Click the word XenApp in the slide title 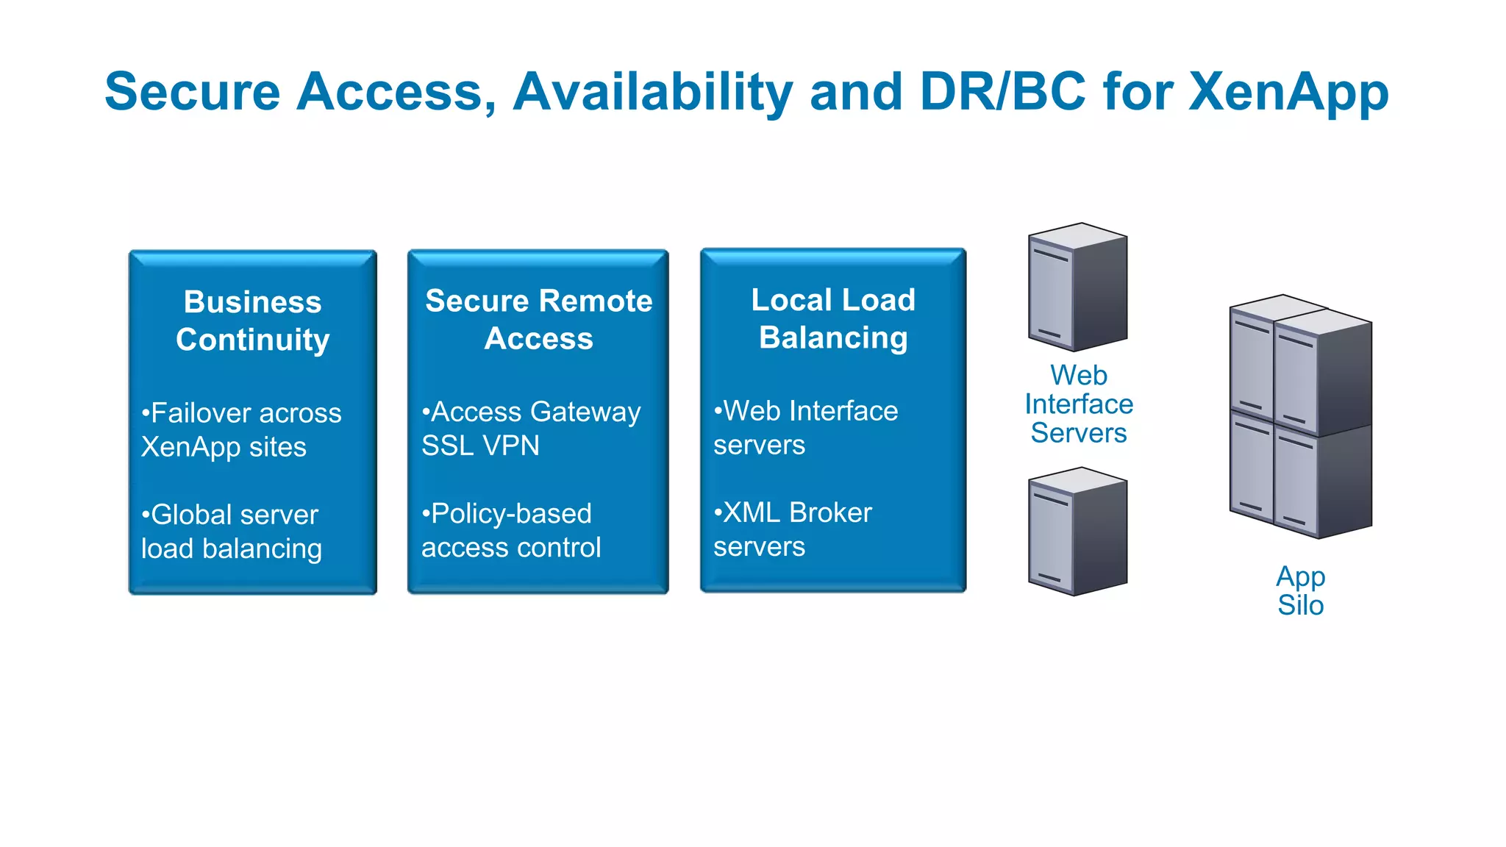coord(1288,93)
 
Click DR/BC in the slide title coord(1002,91)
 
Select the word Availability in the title coord(653,93)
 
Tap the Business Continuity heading coord(252,321)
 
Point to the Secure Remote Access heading coord(538,319)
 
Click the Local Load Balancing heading coord(833,318)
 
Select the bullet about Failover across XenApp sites coord(240,430)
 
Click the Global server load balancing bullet coord(231,532)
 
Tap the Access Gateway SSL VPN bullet coord(530,429)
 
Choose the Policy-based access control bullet coord(510,530)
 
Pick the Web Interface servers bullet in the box coord(805,428)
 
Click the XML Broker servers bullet coord(792,529)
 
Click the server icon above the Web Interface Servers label coord(1077,287)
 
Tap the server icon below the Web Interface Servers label coord(1077,531)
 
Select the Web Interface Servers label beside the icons coord(1078,404)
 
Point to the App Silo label coord(1300,590)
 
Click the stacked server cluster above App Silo coord(1300,416)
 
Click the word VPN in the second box coord(513,446)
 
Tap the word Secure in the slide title coord(193,93)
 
